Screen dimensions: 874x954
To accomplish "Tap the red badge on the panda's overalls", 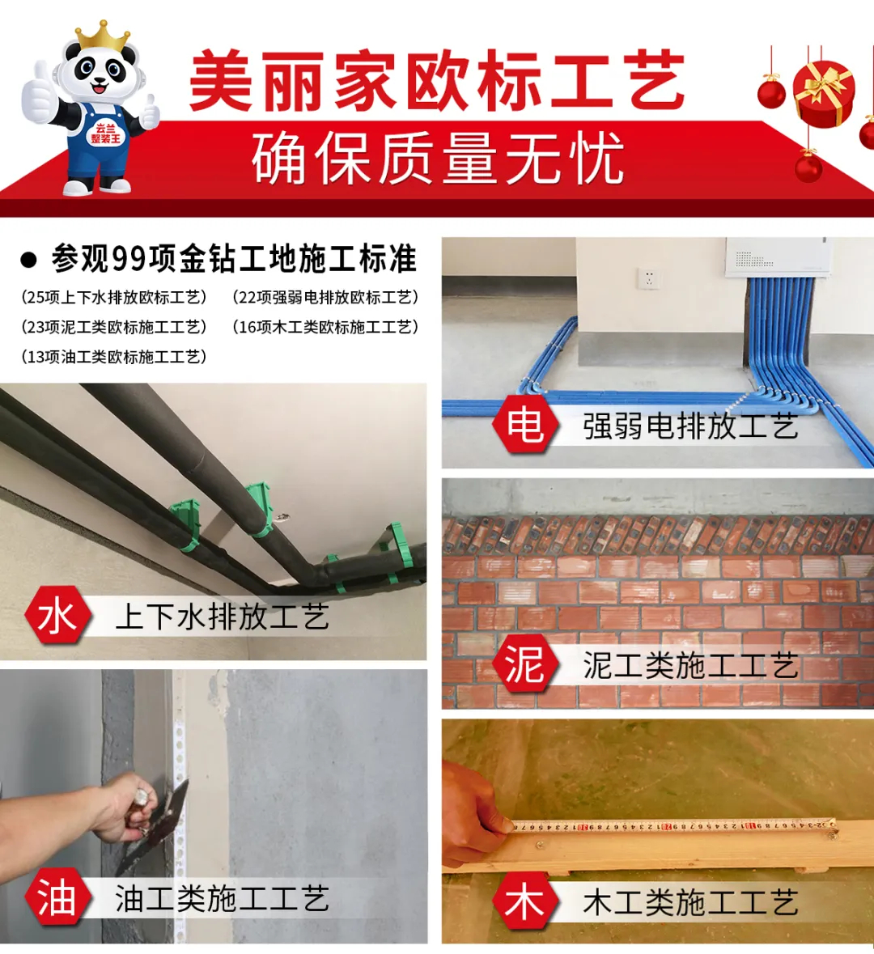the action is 106,134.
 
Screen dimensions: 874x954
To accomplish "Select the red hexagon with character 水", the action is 57,615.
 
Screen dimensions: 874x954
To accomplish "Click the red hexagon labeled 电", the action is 525,423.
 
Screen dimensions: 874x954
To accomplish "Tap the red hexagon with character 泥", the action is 525,664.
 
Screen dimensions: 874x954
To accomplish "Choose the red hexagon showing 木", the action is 525,901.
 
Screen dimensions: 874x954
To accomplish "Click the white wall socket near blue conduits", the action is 649,278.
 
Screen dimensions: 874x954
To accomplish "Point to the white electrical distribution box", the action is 778,257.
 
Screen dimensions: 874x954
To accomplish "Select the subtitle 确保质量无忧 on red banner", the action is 439,158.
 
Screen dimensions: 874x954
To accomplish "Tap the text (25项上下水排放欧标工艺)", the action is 114,298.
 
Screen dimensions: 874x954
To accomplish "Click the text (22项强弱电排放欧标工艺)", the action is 325,298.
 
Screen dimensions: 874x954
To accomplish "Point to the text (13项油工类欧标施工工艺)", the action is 114,357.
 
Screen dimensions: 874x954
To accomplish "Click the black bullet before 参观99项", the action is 28,260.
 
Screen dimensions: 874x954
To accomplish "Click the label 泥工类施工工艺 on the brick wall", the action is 690,665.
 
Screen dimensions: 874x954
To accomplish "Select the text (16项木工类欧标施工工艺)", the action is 325,328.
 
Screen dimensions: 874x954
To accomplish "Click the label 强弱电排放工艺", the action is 690,426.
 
